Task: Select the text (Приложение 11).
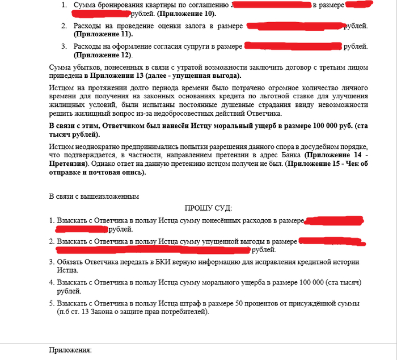(100, 35)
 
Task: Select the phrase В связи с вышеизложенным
(94, 196)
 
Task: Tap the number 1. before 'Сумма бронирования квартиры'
(63, 5)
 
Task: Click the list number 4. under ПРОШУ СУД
(52, 283)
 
